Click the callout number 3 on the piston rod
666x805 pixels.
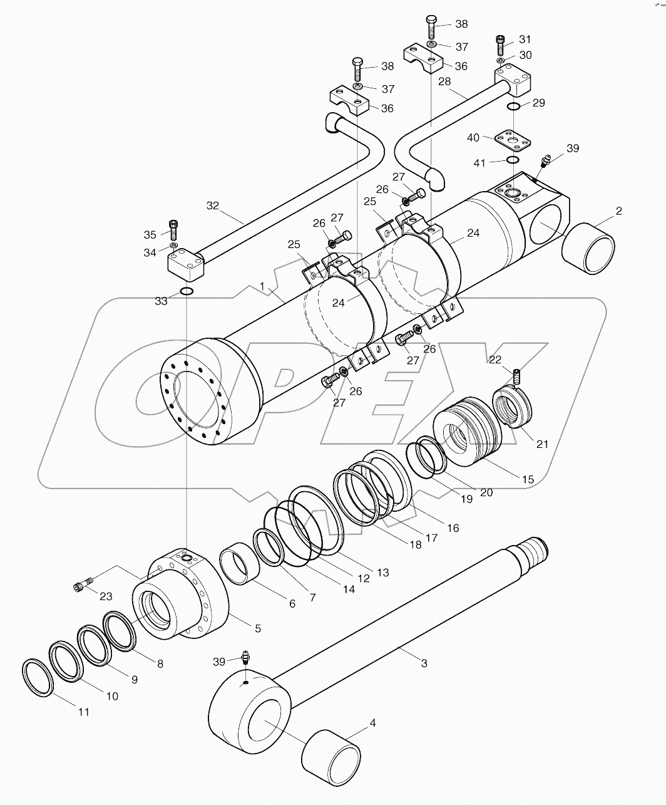(x=424, y=663)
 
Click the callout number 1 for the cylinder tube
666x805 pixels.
(x=263, y=286)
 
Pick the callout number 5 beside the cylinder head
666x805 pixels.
(x=257, y=628)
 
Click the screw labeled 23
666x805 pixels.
(x=82, y=587)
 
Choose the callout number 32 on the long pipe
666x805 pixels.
(x=213, y=205)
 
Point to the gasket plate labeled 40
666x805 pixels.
(x=511, y=141)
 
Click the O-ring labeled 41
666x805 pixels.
(x=512, y=161)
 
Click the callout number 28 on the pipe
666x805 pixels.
(x=444, y=81)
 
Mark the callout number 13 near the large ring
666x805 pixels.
(x=382, y=572)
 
